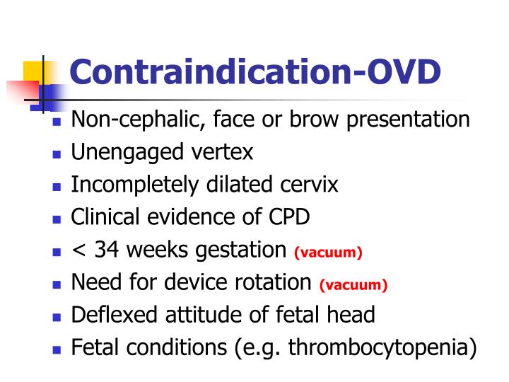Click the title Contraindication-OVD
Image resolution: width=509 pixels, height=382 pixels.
[x=255, y=73]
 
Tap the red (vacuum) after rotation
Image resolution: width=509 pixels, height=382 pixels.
[x=353, y=285]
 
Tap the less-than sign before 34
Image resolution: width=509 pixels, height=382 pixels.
[x=78, y=250]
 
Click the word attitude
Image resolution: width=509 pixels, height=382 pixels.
[x=210, y=315]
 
